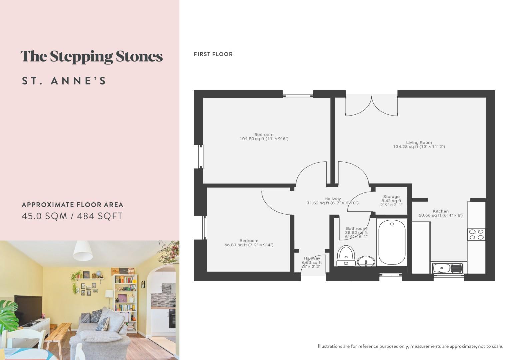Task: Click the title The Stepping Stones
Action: [91, 57]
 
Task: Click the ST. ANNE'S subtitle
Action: [64, 81]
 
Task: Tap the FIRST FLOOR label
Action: [213, 54]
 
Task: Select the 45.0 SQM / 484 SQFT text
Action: [72, 216]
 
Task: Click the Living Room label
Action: [419, 145]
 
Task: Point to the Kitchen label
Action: [440, 213]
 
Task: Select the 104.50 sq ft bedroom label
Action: [264, 137]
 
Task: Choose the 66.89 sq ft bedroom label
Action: [249, 243]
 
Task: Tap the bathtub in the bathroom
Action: [392, 242]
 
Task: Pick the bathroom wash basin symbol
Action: [366, 261]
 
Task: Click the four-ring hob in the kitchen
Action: [476, 234]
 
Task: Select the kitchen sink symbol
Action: [448, 268]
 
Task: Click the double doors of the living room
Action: [372, 106]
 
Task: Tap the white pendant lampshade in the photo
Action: [83, 251]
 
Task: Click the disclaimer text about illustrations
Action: [410, 346]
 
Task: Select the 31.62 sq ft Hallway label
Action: [332, 201]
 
